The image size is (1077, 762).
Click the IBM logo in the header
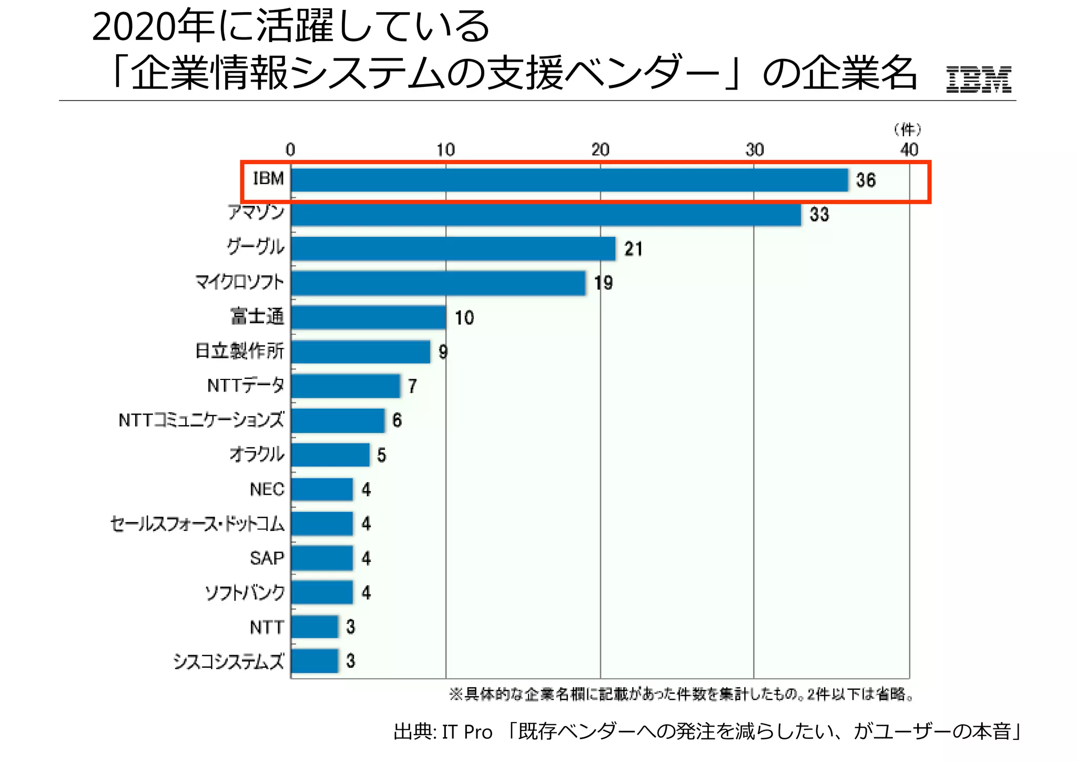pos(978,79)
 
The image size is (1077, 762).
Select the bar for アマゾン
pos(546,215)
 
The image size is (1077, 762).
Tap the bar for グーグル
pos(453,249)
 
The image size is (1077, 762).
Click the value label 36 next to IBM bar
pos(866,181)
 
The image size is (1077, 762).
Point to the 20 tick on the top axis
pos(600,150)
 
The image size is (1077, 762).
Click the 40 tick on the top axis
pos(909,150)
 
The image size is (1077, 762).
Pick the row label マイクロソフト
pos(240,283)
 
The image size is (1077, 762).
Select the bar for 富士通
pos(368,317)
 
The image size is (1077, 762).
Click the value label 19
pos(603,284)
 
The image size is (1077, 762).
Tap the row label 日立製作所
pos(240,351)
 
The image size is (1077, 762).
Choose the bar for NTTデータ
pos(346,386)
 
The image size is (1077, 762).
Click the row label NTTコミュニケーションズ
pos(201,420)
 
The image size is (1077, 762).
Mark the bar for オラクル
pos(330,455)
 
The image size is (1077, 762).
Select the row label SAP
pos(267,558)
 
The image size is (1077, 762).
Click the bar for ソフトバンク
pos(322,593)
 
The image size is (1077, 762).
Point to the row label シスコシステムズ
pos(229,661)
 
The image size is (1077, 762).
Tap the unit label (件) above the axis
pos(908,129)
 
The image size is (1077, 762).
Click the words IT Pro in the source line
pos(467,732)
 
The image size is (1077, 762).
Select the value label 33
pos(819,215)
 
